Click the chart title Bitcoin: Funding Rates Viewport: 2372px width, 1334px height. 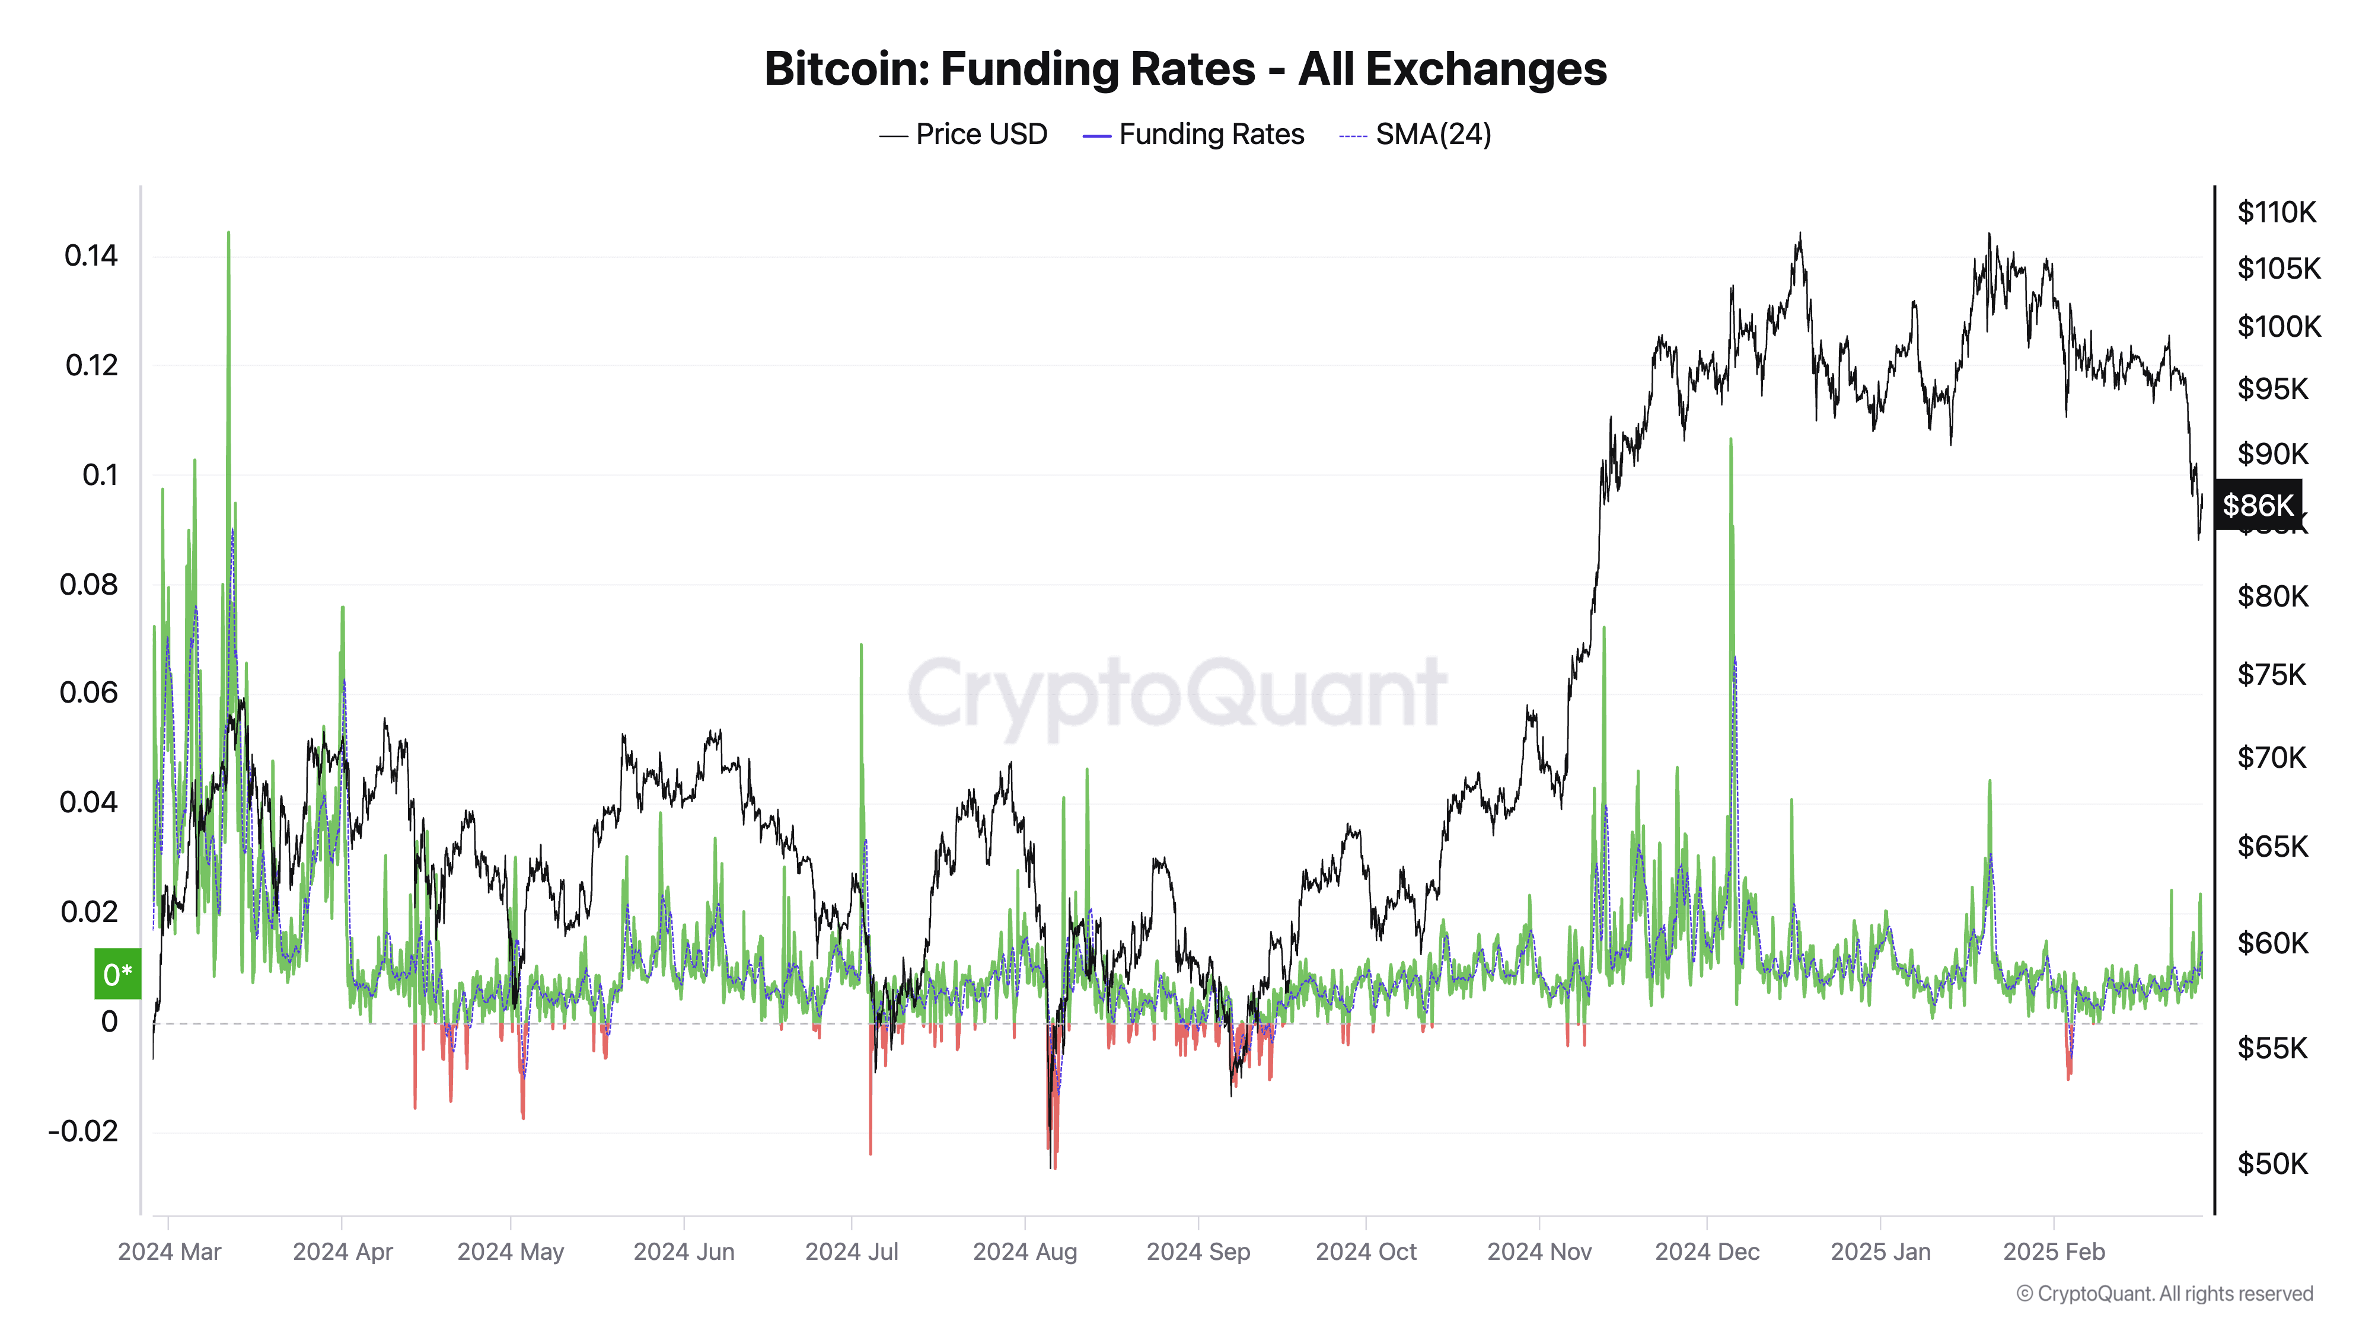[x=1185, y=69]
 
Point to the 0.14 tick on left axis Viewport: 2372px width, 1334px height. [x=91, y=256]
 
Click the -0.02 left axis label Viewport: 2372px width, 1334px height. [x=83, y=1131]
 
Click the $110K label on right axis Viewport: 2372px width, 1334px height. [x=2277, y=213]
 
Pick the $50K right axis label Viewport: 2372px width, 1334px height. [x=2272, y=1164]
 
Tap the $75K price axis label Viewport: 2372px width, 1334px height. [x=2272, y=675]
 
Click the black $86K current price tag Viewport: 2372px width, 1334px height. [x=2257, y=505]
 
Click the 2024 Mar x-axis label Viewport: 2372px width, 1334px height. [x=170, y=1252]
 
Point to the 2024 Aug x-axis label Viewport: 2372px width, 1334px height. [x=1025, y=1252]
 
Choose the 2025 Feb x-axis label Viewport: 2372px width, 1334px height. [x=2054, y=1252]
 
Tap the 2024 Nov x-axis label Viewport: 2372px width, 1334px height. [x=1539, y=1252]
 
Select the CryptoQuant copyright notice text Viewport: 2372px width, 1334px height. [x=2164, y=1294]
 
